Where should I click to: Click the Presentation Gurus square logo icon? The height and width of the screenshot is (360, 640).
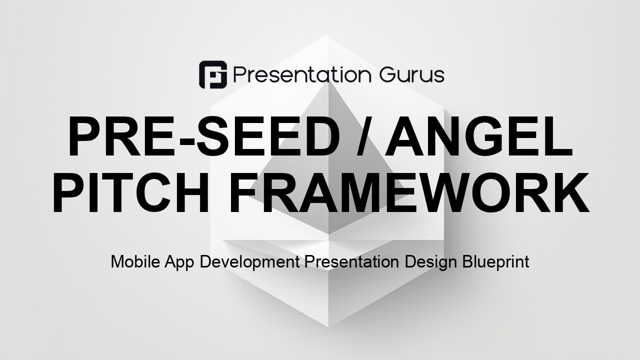click(x=213, y=74)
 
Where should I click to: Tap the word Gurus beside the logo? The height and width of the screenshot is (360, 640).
click(x=412, y=75)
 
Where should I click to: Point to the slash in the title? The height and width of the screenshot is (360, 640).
click(x=365, y=136)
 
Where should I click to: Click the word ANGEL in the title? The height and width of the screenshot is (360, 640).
click(x=478, y=136)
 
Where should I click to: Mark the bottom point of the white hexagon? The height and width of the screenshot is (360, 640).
click(x=328, y=326)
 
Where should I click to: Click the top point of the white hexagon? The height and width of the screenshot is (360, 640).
click(x=325, y=35)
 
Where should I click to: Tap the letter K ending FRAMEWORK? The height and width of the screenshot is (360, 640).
click(x=571, y=193)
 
